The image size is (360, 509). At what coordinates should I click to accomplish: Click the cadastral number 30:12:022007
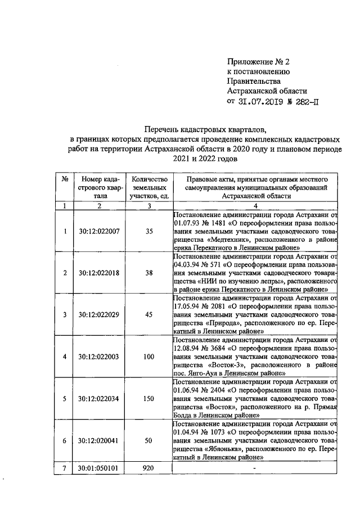click(98, 231)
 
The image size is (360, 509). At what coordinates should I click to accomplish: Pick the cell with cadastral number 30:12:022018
click(98, 273)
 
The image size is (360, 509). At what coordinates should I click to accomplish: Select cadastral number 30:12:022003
click(98, 356)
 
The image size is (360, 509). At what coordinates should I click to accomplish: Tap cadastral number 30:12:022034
click(98, 398)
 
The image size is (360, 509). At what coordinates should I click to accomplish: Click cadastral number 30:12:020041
click(98, 440)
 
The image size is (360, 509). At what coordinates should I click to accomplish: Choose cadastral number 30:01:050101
click(98, 467)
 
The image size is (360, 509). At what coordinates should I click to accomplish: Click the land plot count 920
click(148, 467)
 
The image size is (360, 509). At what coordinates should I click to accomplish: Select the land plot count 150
click(148, 398)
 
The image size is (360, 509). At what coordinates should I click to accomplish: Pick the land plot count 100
click(148, 356)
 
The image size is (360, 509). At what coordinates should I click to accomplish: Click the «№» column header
click(65, 178)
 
